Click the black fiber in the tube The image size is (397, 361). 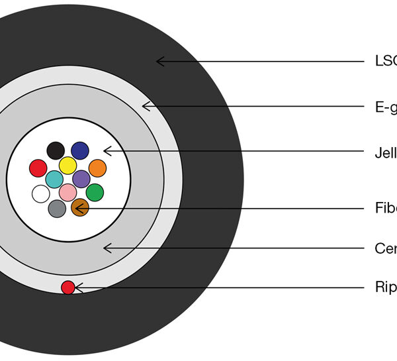pyautogui.click(x=56, y=150)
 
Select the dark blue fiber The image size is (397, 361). pyautogui.click(x=80, y=150)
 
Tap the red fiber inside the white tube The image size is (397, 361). pyautogui.click(x=38, y=168)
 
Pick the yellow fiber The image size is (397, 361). pyautogui.click(x=67, y=165)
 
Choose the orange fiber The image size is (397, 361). pyautogui.click(x=97, y=168)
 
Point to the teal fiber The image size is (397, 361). pyautogui.click(x=54, y=179)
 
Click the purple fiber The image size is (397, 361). pyautogui.click(x=81, y=179)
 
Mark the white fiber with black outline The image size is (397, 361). pyautogui.click(x=40, y=193)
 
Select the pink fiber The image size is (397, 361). pyautogui.click(x=67, y=192)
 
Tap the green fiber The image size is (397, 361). pyautogui.click(x=95, y=193)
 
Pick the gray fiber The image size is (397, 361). pyautogui.click(x=57, y=209)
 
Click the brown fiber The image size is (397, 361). pyautogui.click(x=79, y=208)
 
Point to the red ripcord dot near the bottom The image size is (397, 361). pyautogui.click(x=67, y=287)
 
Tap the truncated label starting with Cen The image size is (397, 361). pyautogui.click(x=385, y=248)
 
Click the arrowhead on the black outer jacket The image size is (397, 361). pyautogui.click(x=159, y=62)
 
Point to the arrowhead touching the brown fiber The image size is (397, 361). pyautogui.click(x=79, y=209)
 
